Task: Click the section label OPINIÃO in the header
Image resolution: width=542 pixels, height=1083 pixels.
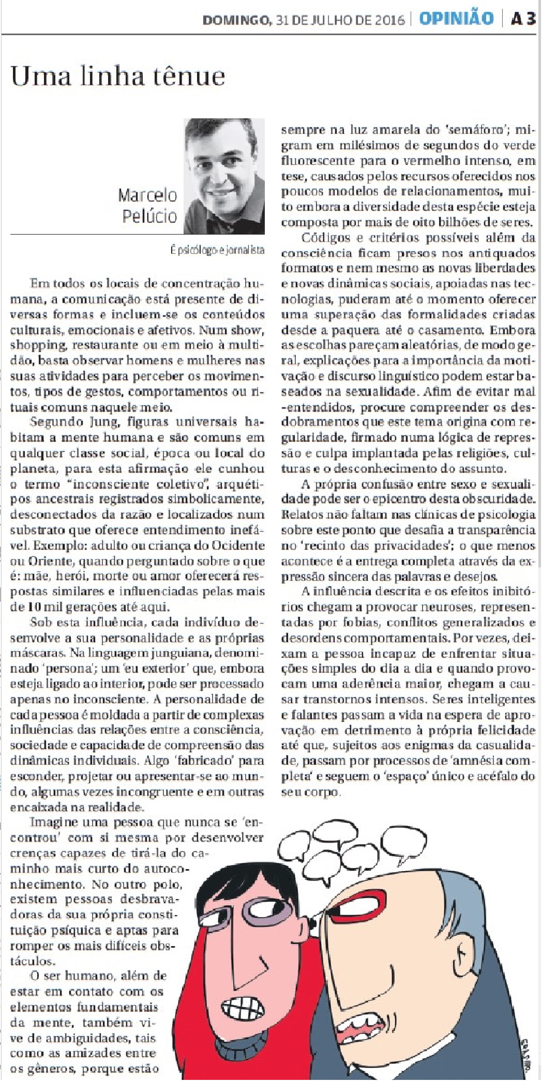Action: [x=457, y=19]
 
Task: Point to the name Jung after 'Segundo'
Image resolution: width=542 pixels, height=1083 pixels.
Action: [x=100, y=421]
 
